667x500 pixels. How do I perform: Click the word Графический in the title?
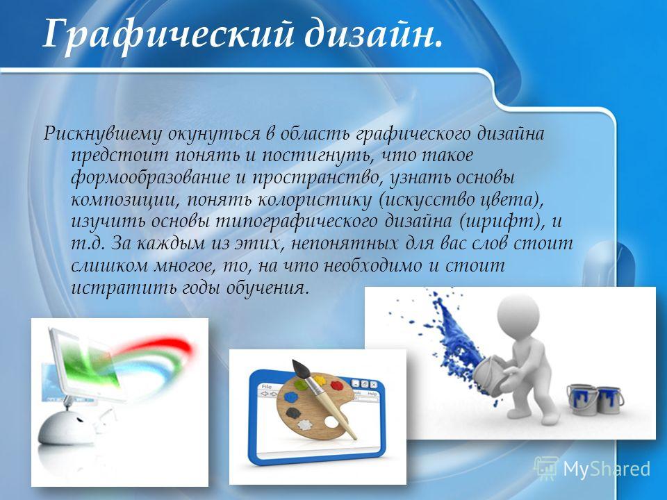click(168, 35)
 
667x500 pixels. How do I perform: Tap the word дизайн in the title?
click(370, 35)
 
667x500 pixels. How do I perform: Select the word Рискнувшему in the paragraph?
click(103, 133)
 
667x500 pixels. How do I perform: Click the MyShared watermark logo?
click(592, 469)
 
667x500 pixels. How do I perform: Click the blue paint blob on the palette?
click(292, 397)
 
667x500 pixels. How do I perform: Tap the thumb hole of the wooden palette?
click(331, 422)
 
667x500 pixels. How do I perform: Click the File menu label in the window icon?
click(267, 387)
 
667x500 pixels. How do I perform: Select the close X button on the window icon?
click(373, 384)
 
